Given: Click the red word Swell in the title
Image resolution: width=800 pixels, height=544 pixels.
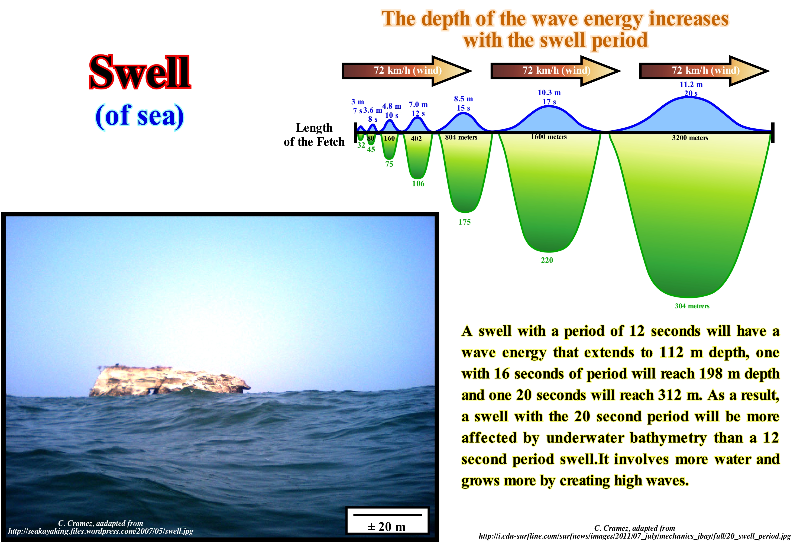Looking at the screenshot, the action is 140,72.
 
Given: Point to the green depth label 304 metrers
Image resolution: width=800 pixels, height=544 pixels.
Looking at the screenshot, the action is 692,306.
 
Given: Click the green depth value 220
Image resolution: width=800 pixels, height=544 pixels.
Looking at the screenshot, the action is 547,260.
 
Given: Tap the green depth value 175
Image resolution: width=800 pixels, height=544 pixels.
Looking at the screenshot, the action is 464,222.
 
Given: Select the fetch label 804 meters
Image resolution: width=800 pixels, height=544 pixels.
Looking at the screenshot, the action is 461,137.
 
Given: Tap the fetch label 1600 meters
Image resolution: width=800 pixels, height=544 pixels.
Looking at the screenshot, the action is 549,137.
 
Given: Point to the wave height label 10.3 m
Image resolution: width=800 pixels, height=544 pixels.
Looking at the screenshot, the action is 549,93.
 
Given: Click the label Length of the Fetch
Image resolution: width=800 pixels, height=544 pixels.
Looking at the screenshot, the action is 314,135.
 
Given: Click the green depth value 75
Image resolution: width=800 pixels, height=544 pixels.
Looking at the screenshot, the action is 389,164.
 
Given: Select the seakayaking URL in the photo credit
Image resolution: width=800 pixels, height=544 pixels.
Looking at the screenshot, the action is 101,531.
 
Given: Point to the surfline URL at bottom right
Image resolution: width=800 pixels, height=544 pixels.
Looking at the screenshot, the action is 634,536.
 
